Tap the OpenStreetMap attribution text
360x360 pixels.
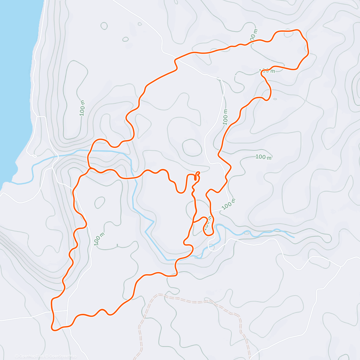(x=63, y=356)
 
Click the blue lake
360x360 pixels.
(x=15, y=75)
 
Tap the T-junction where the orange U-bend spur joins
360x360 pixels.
(x=193, y=222)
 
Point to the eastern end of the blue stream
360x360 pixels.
(x=294, y=237)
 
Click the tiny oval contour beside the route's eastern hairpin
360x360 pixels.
(x=275, y=99)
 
